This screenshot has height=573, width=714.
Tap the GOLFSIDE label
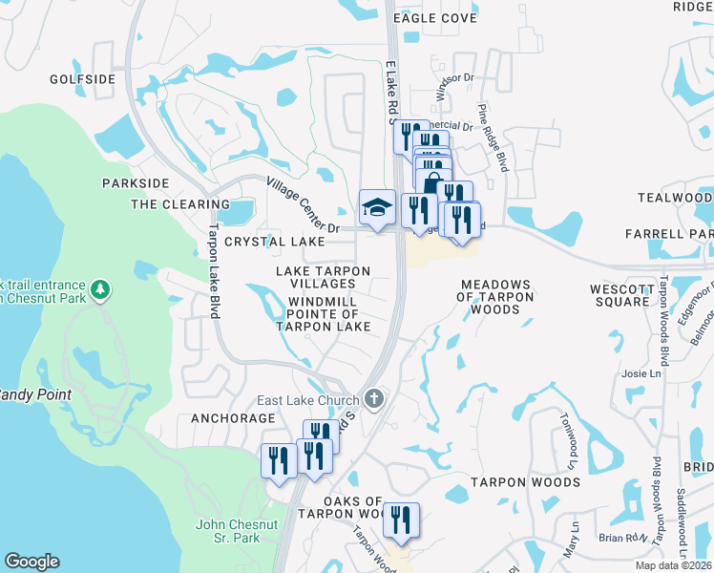click(x=82, y=79)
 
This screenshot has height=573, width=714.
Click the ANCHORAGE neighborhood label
click(x=233, y=418)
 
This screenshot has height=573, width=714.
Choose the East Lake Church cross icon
click(x=375, y=399)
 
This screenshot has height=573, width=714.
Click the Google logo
click(x=31, y=562)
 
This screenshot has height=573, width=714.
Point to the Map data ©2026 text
click(x=673, y=565)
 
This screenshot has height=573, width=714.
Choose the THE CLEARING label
click(x=167, y=204)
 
